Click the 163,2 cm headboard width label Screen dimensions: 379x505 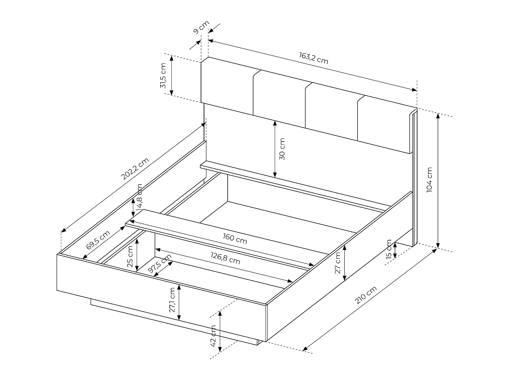click(x=313, y=58)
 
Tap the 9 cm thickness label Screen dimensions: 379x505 click(x=201, y=27)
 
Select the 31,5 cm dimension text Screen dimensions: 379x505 click(x=163, y=75)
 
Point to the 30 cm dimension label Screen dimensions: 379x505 click(x=282, y=149)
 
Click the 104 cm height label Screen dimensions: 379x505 click(x=429, y=180)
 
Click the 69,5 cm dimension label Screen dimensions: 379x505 click(x=98, y=240)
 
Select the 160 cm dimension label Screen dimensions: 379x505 click(x=235, y=239)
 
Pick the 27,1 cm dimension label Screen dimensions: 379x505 click(x=172, y=300)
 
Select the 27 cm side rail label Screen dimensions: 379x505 click(x=338, y=263)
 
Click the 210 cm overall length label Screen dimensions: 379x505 click(x=366, y=295)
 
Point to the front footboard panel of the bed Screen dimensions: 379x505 click(x=162, y=296)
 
